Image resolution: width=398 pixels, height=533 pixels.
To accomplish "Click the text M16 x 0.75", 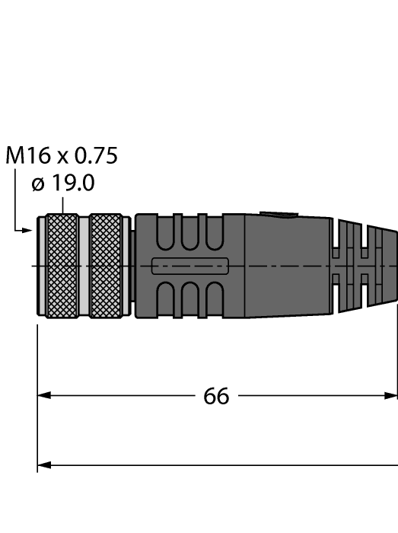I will coord(62,156).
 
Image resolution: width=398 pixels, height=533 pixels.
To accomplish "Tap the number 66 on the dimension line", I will coord(216,396).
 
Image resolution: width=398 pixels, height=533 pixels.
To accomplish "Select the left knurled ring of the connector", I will coord(61,265).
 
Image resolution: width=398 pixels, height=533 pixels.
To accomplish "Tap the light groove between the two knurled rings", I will coord(84,265).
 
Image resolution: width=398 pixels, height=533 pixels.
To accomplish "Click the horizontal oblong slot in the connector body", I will coord(190,266).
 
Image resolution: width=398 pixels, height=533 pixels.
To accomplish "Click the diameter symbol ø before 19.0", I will coord(38,185).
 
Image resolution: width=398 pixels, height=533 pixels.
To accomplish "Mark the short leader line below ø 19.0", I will coord(63,204).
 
